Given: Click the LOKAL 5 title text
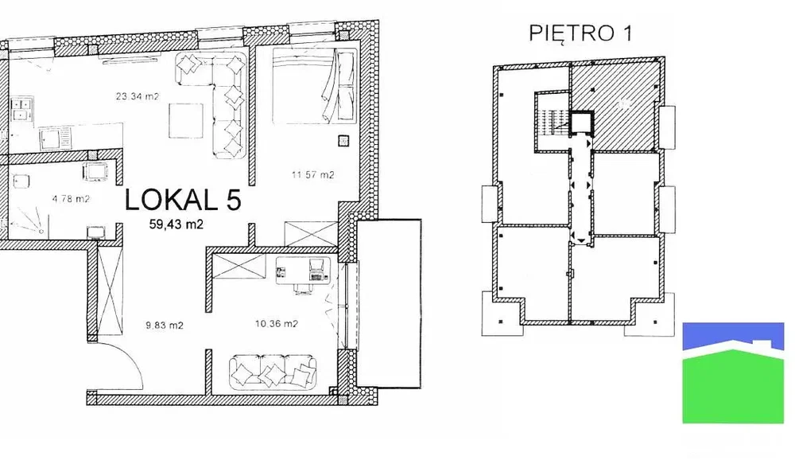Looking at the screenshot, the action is coord(183,200).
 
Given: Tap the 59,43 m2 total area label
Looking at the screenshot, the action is coord(176,224).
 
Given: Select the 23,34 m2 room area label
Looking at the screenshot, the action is coord(138,96).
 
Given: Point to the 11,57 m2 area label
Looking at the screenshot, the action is coord(312,174).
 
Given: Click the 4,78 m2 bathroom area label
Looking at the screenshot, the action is coord(71,198).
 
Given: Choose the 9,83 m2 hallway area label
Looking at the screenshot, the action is coord(165,326).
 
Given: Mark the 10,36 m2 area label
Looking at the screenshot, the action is coord(277,323).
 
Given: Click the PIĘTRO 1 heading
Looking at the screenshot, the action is coord(580,33).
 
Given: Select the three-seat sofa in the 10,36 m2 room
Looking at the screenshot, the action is coord(273,373).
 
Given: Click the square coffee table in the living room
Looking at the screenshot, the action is coord(186,120).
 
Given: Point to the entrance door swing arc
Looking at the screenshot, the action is coord(133,355).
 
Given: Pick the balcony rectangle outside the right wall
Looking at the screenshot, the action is coord(389,303).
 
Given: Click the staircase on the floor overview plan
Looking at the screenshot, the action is coord(549,123).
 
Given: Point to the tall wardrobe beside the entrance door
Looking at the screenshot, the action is coord(110,289).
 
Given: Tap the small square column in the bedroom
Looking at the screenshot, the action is coord(343,140).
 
